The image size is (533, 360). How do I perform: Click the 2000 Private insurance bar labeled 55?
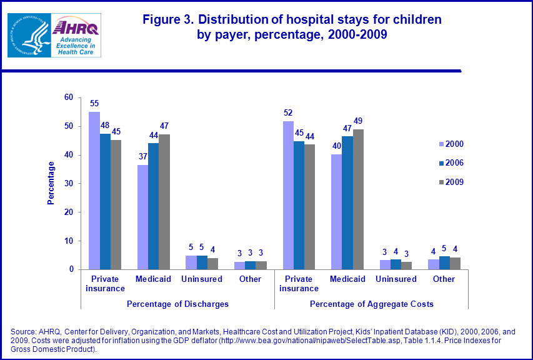(x=94, y=191)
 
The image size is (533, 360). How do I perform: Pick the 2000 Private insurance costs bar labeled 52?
(x=288, y=195)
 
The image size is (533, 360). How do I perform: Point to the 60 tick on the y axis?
(x=68, y=97)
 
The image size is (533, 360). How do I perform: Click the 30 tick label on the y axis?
(x=68, y=184)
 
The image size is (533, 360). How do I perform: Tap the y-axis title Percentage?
(x=51, y=183)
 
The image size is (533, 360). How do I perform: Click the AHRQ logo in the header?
(x=76, y=35)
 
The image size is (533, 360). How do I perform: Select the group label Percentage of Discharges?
(x=177, y=304)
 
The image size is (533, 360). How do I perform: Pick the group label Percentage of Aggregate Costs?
(x=372, y=304)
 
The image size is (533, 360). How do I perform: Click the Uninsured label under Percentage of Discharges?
(x=202, y=279)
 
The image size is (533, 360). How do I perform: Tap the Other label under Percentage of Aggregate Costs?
(x=444, y=279)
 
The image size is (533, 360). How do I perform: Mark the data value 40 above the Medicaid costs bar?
(x=337, y=146)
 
